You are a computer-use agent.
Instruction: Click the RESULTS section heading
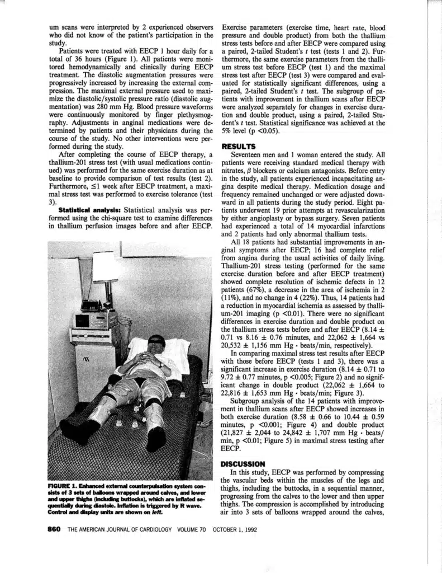239,145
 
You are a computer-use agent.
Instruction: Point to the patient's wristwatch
160,364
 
